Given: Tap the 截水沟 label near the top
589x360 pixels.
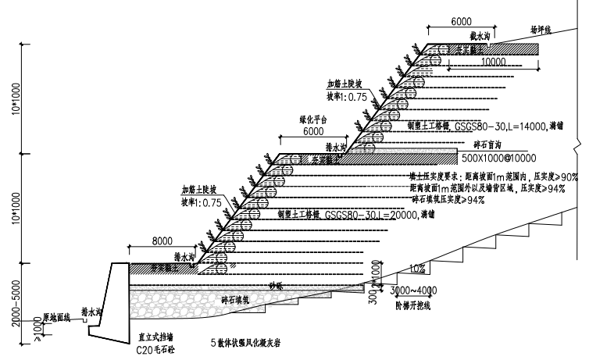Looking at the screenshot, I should [x=479, y=36].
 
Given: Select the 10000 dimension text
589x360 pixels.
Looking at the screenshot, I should [x=496, y=61].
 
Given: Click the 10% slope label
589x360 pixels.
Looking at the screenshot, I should [x=416, y=269].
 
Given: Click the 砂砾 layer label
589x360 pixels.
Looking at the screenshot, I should [x=275, y=285].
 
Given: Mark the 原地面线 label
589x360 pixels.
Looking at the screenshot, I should [x=56, y=317].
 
